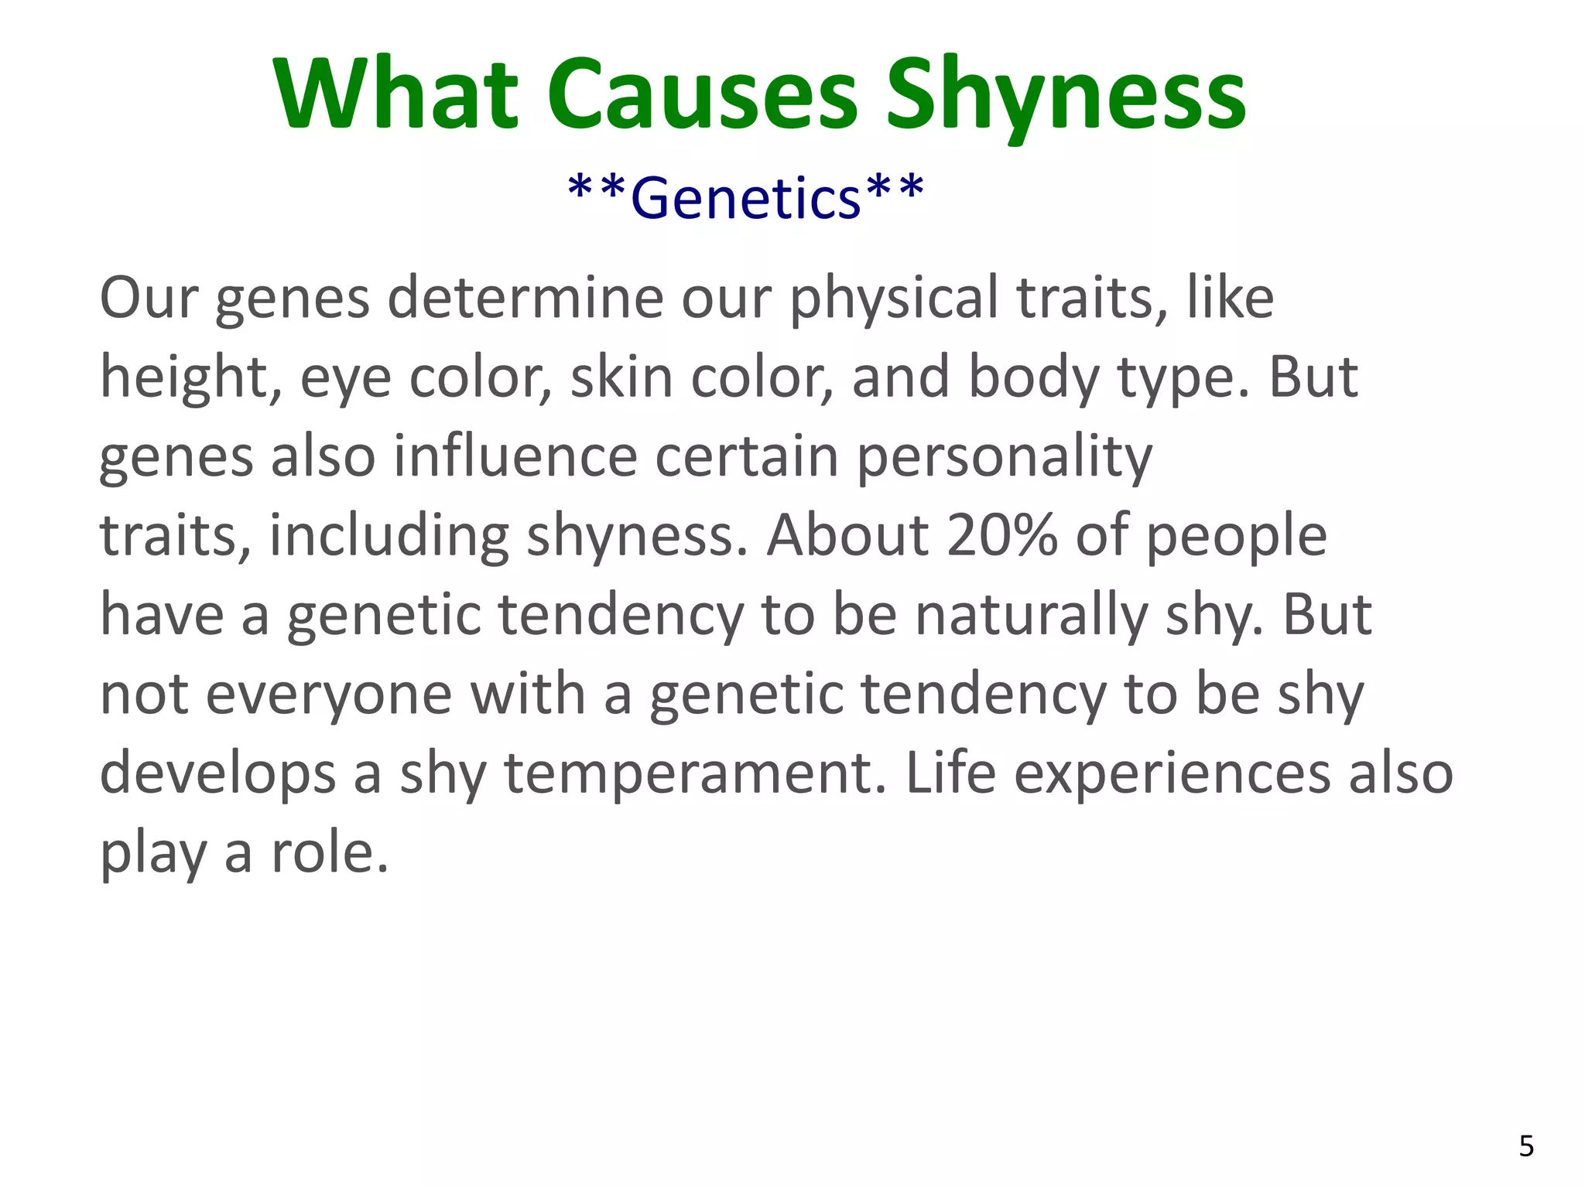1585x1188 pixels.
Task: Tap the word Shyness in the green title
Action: click(x=1066, y=97)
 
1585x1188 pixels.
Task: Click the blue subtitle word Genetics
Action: click(x=746, y=198)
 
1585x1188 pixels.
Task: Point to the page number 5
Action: click(x=1526, y=1145)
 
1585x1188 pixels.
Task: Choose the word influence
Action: click(x=515, y=456)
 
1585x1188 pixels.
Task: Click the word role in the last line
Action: click(x=329, y=853)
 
